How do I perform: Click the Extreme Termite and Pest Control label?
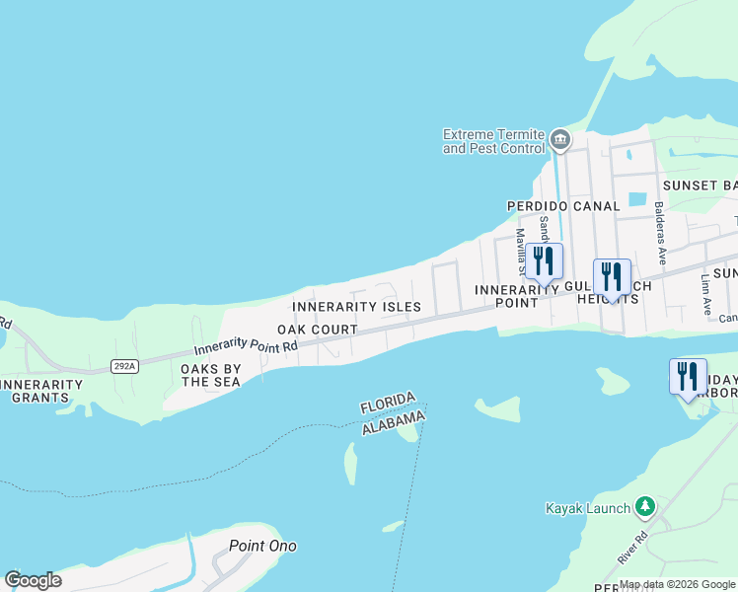[493, 141]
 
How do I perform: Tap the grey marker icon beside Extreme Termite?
[560, 140]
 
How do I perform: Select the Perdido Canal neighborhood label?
[563, 206]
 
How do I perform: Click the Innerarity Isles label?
[356, 307]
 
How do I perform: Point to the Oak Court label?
[317, 329]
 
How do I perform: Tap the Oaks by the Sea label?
[209, 375]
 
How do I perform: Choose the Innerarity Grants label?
[39, 391]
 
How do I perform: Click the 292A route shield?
[124, 366]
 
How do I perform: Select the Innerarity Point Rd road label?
[246, 347]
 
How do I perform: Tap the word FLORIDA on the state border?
[388, 405]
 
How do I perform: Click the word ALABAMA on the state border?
[393, 423]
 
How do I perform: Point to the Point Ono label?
[262, 546]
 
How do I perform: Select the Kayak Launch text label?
[587, 508]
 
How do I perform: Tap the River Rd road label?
[631, 549]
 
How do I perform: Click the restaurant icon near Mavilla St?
[544, 261]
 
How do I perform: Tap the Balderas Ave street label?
[660, 234]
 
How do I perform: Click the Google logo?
[33, 580]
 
